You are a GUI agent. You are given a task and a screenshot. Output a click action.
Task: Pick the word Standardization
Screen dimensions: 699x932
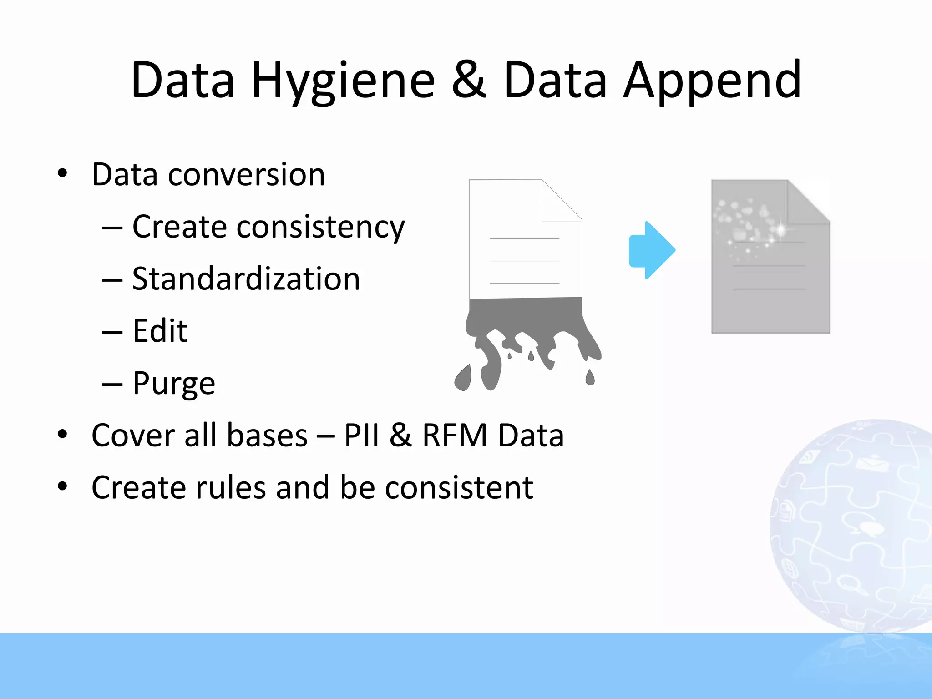246,279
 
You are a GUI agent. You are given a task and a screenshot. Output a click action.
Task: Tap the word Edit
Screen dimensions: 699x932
160,331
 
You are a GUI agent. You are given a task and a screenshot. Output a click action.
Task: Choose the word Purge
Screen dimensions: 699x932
173,383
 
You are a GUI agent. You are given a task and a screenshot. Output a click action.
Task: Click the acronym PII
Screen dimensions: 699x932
361,436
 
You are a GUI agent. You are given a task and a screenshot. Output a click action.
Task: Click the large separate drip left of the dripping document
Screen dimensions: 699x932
463,378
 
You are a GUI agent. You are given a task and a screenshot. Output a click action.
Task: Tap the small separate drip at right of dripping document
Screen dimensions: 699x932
590,377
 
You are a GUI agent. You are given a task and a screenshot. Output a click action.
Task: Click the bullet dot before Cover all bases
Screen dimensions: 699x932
62,435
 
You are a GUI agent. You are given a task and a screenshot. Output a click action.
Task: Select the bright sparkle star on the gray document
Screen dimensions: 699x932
781,228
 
